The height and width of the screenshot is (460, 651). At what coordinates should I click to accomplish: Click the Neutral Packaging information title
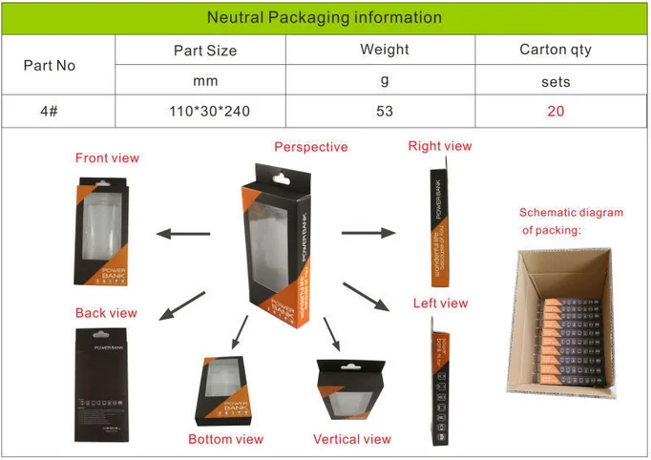coord(325,17)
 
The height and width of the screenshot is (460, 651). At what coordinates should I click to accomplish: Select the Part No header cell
coord(49,66)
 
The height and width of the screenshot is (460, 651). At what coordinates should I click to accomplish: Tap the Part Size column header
coord(205,51)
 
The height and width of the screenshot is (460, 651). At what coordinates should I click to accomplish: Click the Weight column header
coord(385,50)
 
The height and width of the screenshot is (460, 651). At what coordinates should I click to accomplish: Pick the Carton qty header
coord(556,50)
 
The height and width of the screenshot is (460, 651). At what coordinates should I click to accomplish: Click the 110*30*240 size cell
coord(208,111)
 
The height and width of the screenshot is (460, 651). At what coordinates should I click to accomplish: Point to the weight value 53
coord(385,111)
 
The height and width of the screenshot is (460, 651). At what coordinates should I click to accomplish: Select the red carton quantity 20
coord(556,111)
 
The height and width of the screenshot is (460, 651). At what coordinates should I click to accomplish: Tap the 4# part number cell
coord(50,111)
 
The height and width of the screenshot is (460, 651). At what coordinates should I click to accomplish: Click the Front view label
coord(107,158)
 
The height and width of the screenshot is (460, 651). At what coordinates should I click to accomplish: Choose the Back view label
coord(106,313)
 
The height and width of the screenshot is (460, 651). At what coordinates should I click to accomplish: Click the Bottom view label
coord(225,439)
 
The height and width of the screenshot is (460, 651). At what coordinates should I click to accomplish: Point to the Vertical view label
coord(352,439)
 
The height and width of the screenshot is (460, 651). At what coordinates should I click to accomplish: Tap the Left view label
coord(440,303)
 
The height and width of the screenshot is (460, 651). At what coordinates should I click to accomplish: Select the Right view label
coord(440,146)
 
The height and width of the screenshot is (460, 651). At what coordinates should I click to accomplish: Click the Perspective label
coord(311,147)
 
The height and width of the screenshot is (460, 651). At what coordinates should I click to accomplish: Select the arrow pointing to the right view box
coord(367,232)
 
